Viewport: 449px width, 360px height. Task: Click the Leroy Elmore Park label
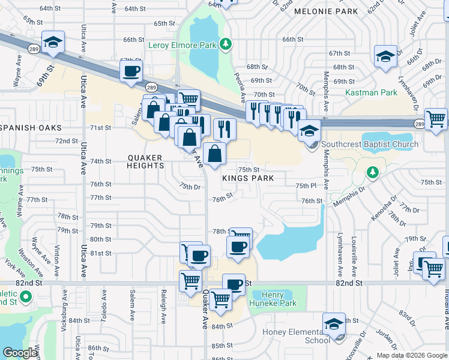click(182, 45)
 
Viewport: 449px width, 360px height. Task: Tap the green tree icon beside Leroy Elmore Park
click(226, 43)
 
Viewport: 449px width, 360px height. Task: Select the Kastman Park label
click(371, 92)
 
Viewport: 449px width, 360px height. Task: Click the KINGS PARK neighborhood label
click(248, 178)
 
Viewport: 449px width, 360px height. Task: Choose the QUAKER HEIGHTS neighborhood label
click(145, 158)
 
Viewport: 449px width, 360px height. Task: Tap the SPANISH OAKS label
click(32, 128)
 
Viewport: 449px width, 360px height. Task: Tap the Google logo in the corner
click(20, 353)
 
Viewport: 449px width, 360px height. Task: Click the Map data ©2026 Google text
click(411, 355)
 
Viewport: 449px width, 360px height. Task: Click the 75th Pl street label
click(306, 186)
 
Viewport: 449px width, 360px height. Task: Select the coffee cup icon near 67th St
click(131, 71)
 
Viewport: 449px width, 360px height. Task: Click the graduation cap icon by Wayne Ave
click(53, 41)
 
